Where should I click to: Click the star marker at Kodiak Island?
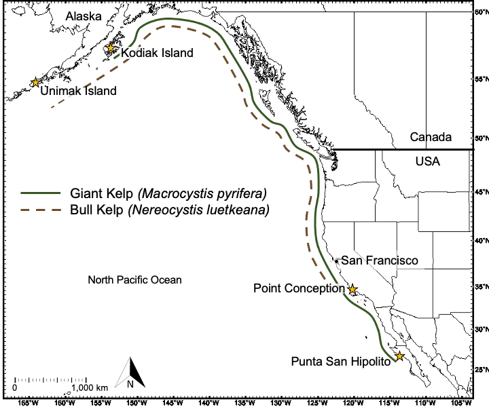[x=111, y=48]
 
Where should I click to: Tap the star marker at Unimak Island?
[x=35, y=82]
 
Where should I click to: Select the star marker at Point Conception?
[x=352, y=289]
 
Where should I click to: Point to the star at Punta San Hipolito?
[x=400, y=356]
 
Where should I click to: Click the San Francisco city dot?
[x=336, y=260]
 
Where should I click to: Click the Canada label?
[x=431, y=137]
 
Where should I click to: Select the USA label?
[x=427, y=161]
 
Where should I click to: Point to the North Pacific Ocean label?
[x=135, y=279]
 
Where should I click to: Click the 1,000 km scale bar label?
[x=90, y=387]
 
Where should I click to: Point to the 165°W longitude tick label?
[x=28, y=402]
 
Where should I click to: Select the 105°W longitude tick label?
[x=461, y=402]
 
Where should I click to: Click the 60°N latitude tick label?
[x=481, y=12]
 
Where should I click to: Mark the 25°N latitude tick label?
[x=481, y=370]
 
